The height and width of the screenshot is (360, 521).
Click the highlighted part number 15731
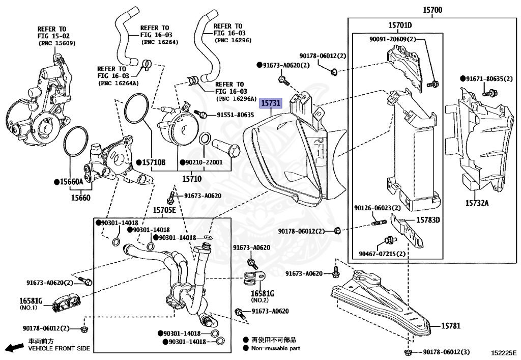click(271, 103)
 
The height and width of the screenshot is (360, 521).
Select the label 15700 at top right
click(432, 10)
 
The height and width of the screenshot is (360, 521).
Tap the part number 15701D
click(400, 25)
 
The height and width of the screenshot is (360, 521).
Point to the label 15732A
click(477, 203)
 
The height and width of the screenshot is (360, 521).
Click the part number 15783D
click(428, 220)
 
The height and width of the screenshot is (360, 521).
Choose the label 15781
click(451, 326)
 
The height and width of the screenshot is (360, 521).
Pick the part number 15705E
click(164, 210)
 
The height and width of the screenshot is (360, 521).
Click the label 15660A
click(71, 181)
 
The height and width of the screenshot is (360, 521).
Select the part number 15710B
click(154, 162)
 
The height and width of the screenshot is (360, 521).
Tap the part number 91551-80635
click(235, 115)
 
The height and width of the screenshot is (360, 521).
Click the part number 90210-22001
click(204, 162)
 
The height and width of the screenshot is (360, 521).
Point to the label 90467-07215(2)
click(382, 254)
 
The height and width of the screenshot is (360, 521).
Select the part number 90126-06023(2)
click(378, 208)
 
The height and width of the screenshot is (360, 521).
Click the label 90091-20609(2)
click(393, 39)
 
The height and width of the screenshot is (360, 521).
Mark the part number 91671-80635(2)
click(489, 79)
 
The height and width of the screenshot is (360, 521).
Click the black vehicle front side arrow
click(15, 347)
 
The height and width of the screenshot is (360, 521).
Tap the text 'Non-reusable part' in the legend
click(276, 348)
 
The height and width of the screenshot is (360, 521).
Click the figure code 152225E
click(504, 352)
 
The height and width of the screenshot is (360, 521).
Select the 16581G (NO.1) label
click(31, 304)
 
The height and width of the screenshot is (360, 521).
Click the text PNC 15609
click(57, 43)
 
